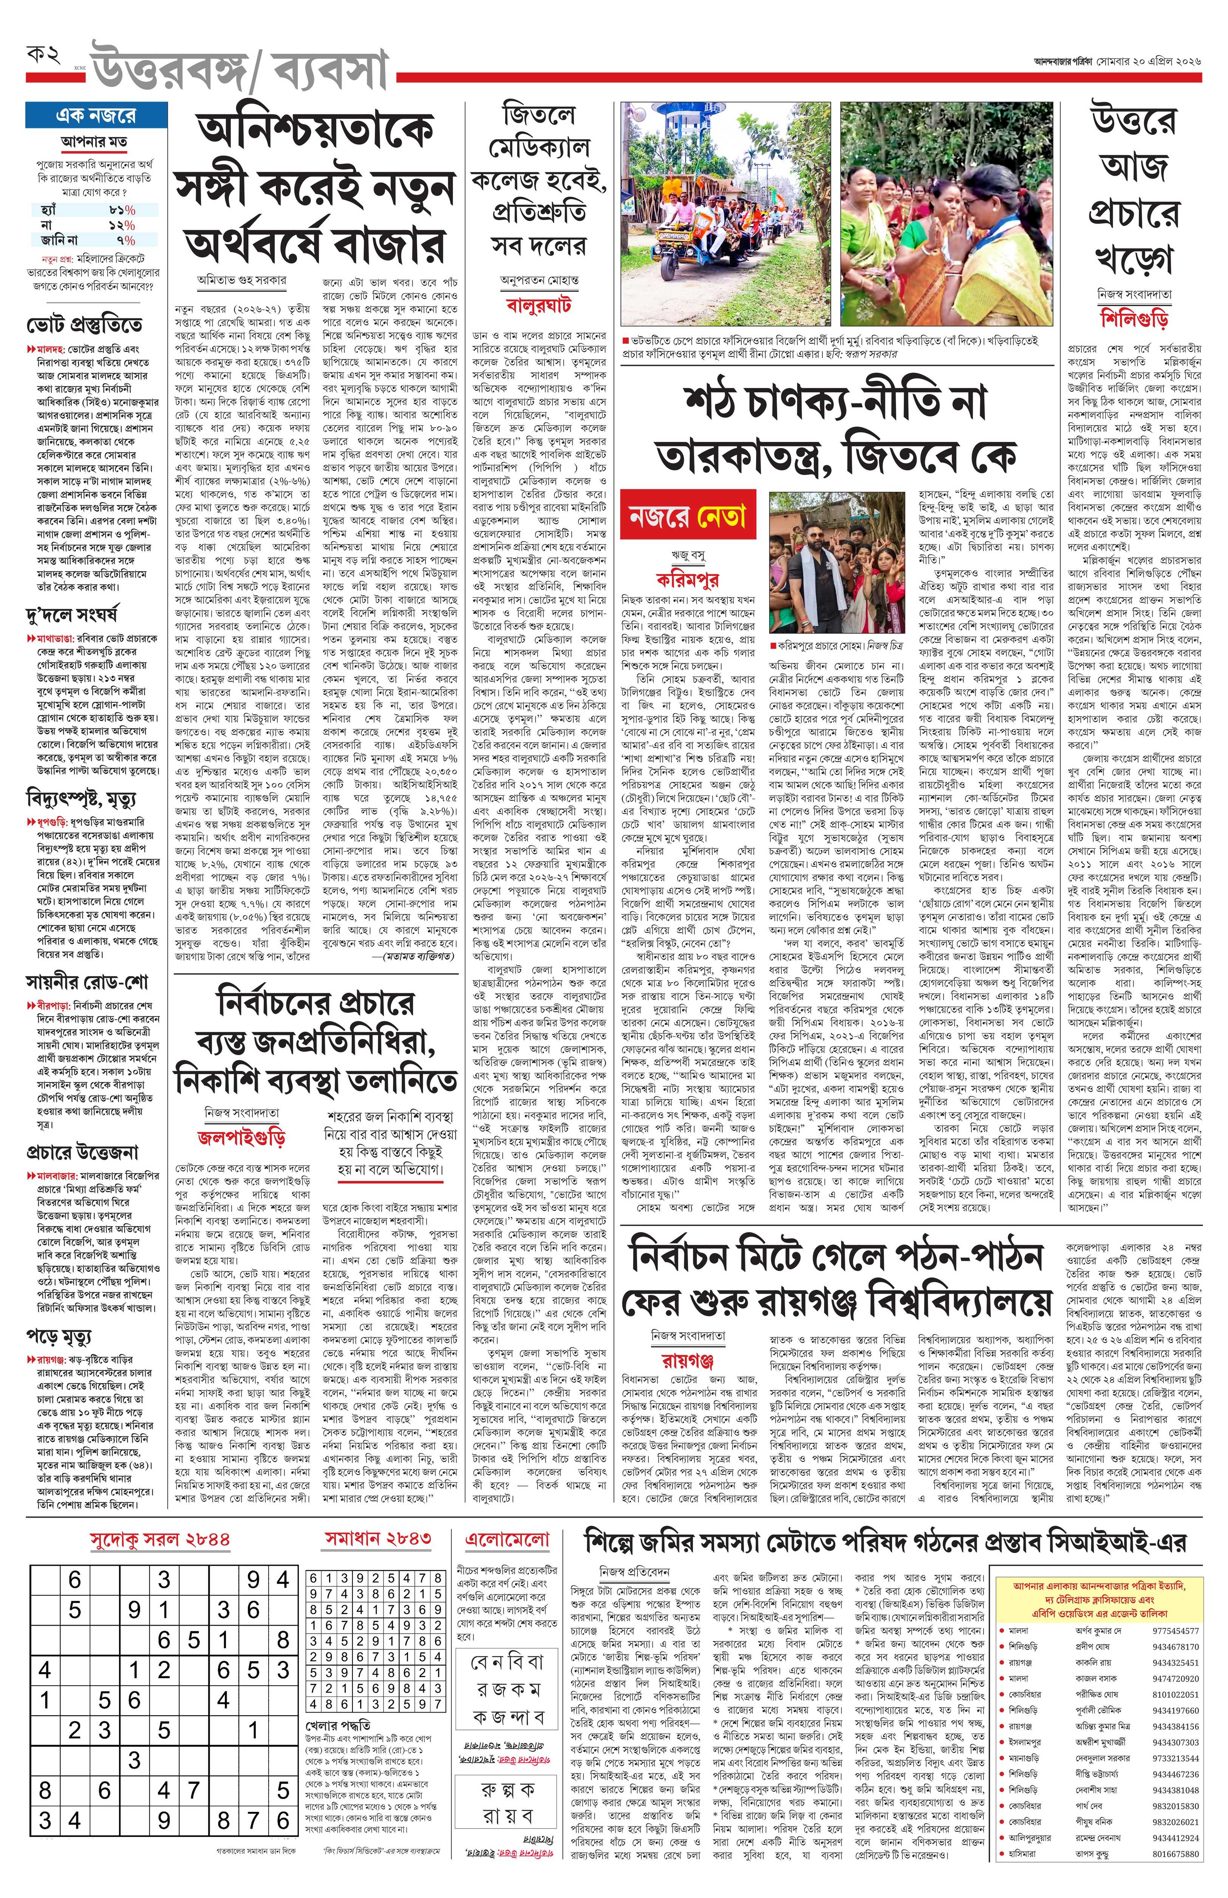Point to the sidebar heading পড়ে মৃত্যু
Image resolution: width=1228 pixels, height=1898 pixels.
point(59,1336)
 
